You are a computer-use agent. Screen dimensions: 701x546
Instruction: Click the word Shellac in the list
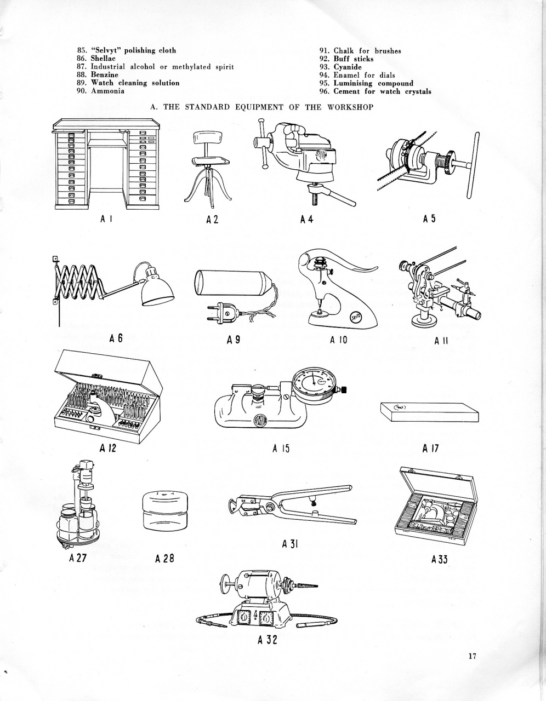point(103,58)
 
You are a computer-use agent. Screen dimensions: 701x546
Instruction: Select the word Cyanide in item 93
point(348,67)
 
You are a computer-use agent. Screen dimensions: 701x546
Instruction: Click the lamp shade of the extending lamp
point(157,289)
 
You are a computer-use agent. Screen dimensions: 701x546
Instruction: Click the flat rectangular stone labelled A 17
point(429,412)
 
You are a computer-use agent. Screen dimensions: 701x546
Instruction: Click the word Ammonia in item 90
point(107,91)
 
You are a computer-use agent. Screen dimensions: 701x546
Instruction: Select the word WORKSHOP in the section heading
point(350,107)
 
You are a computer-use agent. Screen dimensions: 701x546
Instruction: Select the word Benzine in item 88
point(104,74)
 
